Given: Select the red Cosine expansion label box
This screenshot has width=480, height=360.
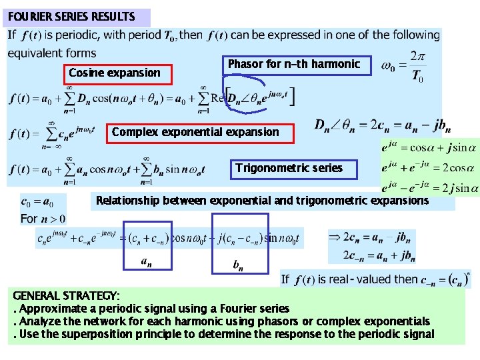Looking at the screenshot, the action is tap(115, 73).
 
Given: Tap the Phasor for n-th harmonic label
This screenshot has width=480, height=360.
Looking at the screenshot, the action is tap(294, 65).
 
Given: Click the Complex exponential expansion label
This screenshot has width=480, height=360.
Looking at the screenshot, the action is tap(195, 132).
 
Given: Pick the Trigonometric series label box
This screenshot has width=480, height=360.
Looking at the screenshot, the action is tap(289, 168).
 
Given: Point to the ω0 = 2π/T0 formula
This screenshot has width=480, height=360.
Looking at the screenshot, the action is tap(402, 65).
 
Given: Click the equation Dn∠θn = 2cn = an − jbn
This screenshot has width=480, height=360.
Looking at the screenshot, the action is tap(382, 125).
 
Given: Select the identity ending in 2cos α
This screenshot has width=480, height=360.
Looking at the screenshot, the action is tap(429, 167).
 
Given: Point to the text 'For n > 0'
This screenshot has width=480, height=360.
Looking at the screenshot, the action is tap(43, 218).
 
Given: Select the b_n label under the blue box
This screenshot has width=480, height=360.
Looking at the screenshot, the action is tap(237, 266).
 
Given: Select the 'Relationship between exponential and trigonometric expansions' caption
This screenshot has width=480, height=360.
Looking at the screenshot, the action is tap(262, 200).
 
